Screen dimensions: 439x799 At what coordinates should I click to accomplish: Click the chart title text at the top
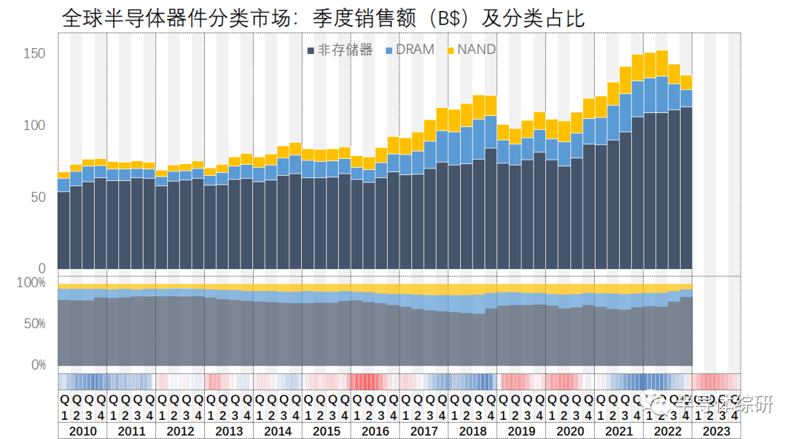323,18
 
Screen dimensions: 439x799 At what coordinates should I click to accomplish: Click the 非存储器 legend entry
340,50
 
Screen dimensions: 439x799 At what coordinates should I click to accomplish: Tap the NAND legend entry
471,50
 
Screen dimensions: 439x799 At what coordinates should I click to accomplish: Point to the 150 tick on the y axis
34,54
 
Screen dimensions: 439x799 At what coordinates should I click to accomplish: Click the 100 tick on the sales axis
34,126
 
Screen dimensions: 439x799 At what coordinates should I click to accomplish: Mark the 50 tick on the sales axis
37,197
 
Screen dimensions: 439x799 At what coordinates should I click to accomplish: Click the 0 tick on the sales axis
41,269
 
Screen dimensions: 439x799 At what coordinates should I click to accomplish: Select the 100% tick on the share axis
31,283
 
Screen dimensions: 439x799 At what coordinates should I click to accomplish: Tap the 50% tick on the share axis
34,324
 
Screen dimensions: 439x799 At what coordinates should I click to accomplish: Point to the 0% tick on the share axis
38,365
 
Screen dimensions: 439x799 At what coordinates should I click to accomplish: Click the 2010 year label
82,432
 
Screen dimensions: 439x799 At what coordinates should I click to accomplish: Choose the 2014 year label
277,432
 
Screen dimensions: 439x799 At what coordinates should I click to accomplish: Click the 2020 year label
570,432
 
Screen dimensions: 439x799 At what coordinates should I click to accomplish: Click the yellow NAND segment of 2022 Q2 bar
661,64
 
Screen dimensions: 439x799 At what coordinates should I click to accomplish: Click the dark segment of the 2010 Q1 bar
64,229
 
